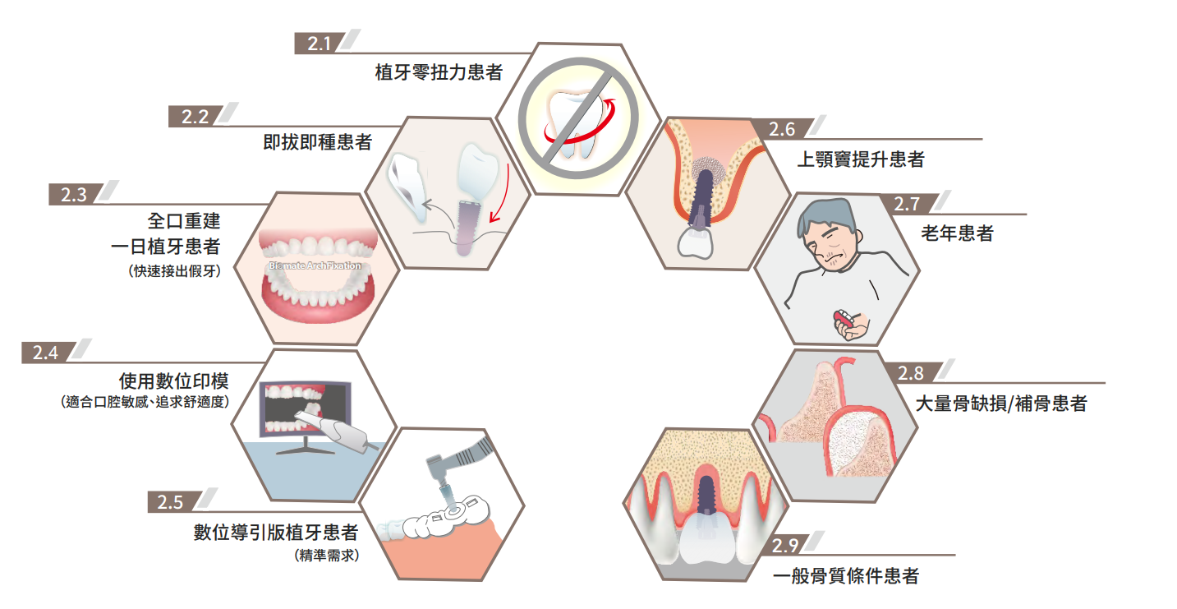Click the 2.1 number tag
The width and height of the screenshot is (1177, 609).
(x=319, y=43)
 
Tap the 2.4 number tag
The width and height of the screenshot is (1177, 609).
(x=46, y=353)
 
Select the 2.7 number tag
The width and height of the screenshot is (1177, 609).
(x=908, y=204)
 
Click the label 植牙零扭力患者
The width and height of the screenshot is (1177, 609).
(x=439, y=72)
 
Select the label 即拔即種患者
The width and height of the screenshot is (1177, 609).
(x=317, y=142)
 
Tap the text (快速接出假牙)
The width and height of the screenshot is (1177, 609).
(x=174, y=271)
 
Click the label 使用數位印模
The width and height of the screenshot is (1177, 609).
(x=173, y=381)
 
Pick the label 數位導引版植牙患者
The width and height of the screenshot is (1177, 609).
(x=276, y=533)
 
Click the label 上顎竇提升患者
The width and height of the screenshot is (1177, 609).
(x=861, y=159)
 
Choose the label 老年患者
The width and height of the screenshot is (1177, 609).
(x=957, y=233)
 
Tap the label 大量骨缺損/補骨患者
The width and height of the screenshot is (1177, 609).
(x=1001, y=404)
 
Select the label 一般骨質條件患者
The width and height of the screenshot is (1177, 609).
(x=845, y=576)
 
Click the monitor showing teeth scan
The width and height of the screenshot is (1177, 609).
(x=306, y=408)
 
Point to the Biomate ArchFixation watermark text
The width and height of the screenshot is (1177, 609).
(x=315, y=265)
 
